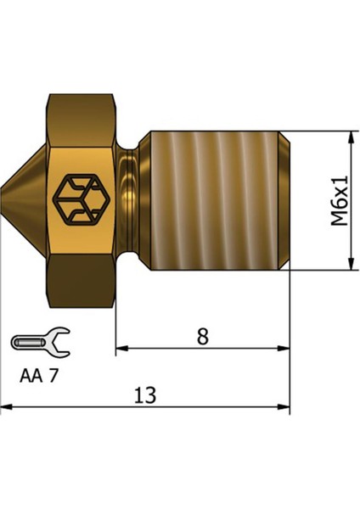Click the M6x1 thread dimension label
tap(340, 200)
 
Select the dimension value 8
tap(202, 336)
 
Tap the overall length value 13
tap(145, 395)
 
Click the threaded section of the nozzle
tap(217, 200)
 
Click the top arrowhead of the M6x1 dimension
tap(350, 137)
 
